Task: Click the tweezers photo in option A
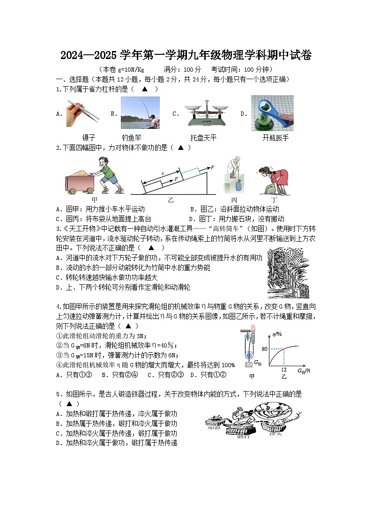pyautogui.click(x=85, y=112)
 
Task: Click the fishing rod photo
pyautogui.click(x=140, y=112)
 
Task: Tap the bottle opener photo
pyautogui.click(x=272, y=113)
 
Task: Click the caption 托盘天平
pyautogui.click(x=203, y=138)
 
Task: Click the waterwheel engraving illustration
pyautogui.click(x=288, y=273)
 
